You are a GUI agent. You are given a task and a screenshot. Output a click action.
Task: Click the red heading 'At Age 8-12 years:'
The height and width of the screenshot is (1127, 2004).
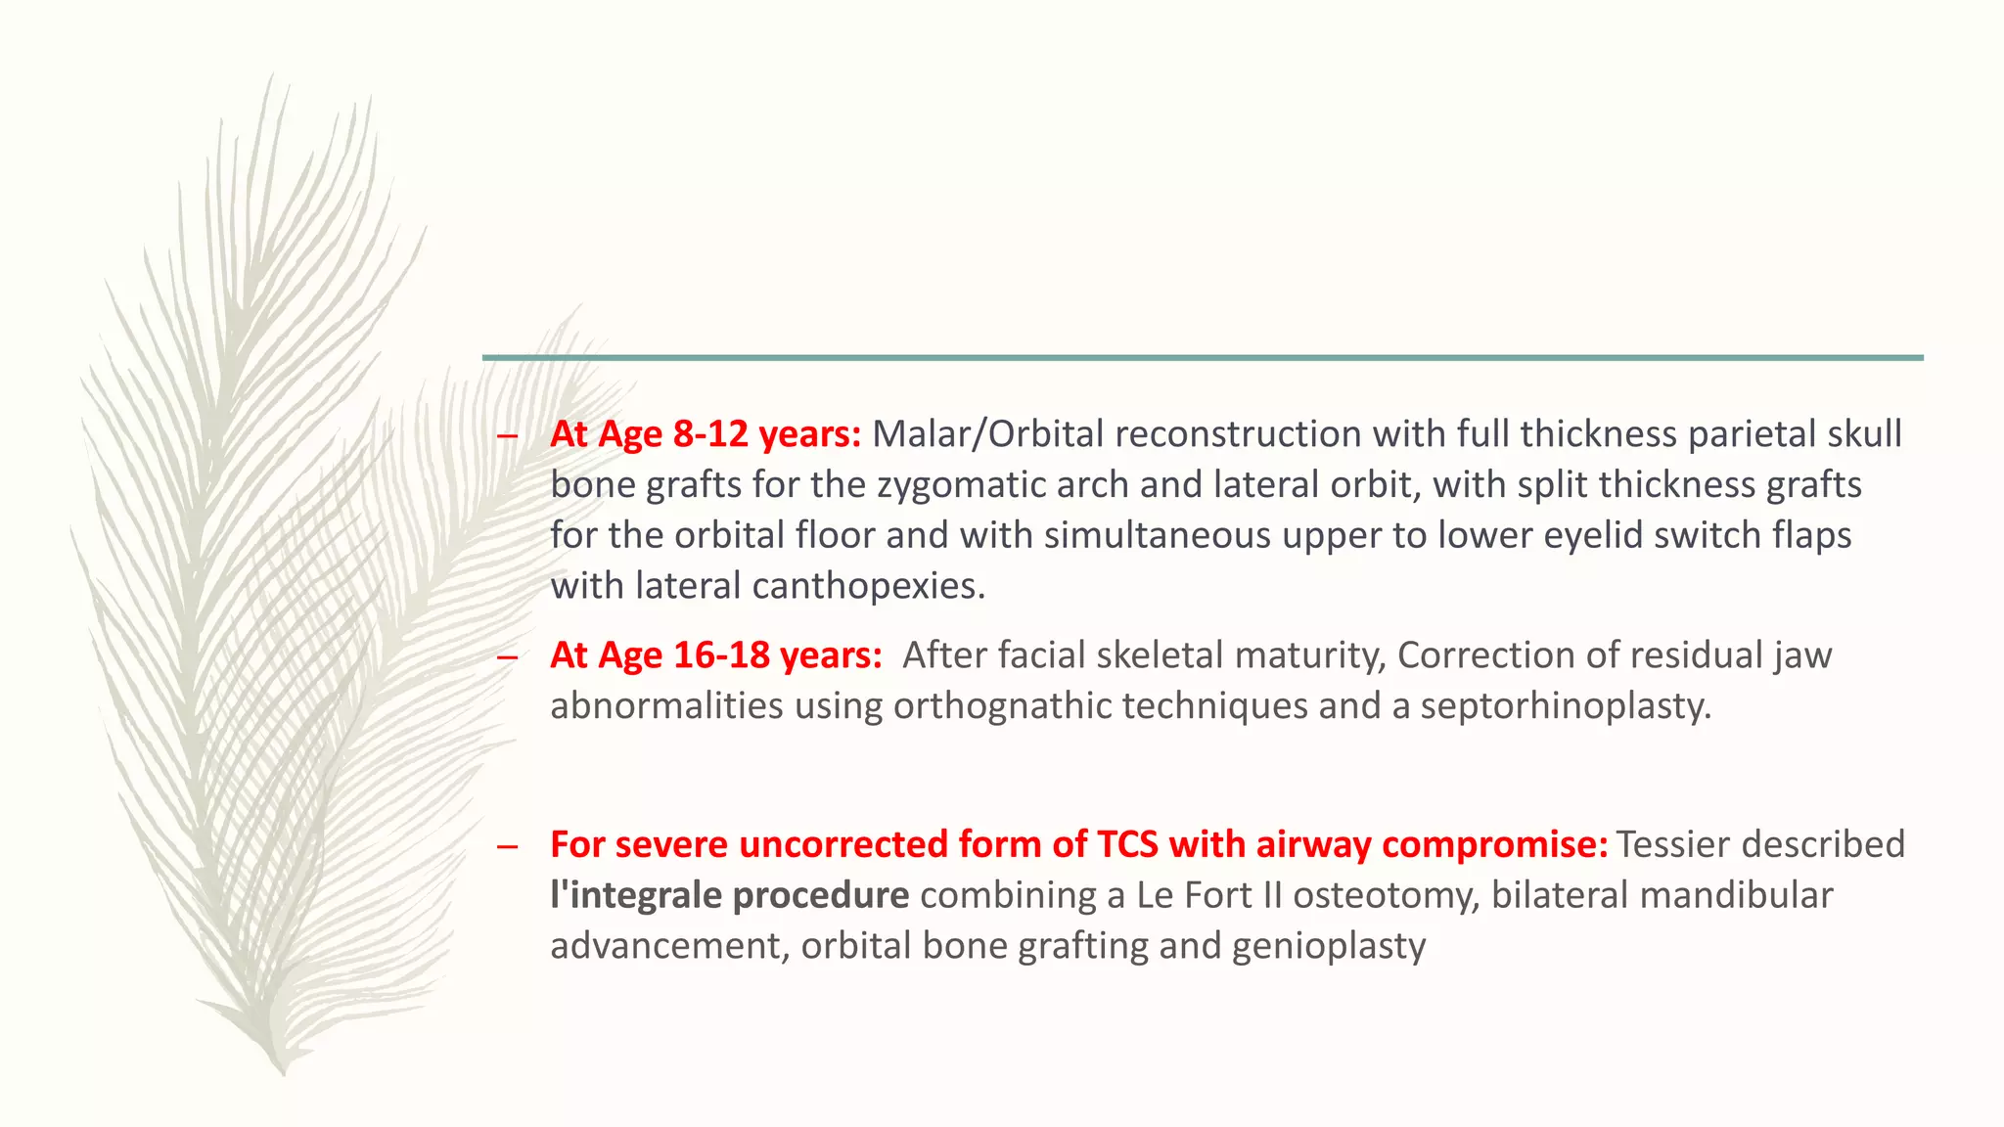(705, 434)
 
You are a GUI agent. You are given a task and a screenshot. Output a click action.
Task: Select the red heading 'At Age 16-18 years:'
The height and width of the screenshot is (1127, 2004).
(715, 655)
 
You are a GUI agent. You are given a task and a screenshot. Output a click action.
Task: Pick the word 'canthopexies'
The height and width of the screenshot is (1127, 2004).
(862, 586)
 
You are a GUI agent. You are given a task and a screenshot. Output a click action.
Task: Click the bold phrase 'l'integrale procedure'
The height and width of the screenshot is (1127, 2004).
(729, 895)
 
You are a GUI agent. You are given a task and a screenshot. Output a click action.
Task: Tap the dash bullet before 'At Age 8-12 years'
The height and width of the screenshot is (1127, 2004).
(506, 436)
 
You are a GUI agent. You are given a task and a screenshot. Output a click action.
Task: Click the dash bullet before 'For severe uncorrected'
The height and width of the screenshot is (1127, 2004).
(506, 846)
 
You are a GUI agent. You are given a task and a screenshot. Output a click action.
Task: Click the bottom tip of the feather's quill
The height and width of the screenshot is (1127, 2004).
(283, 1072)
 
